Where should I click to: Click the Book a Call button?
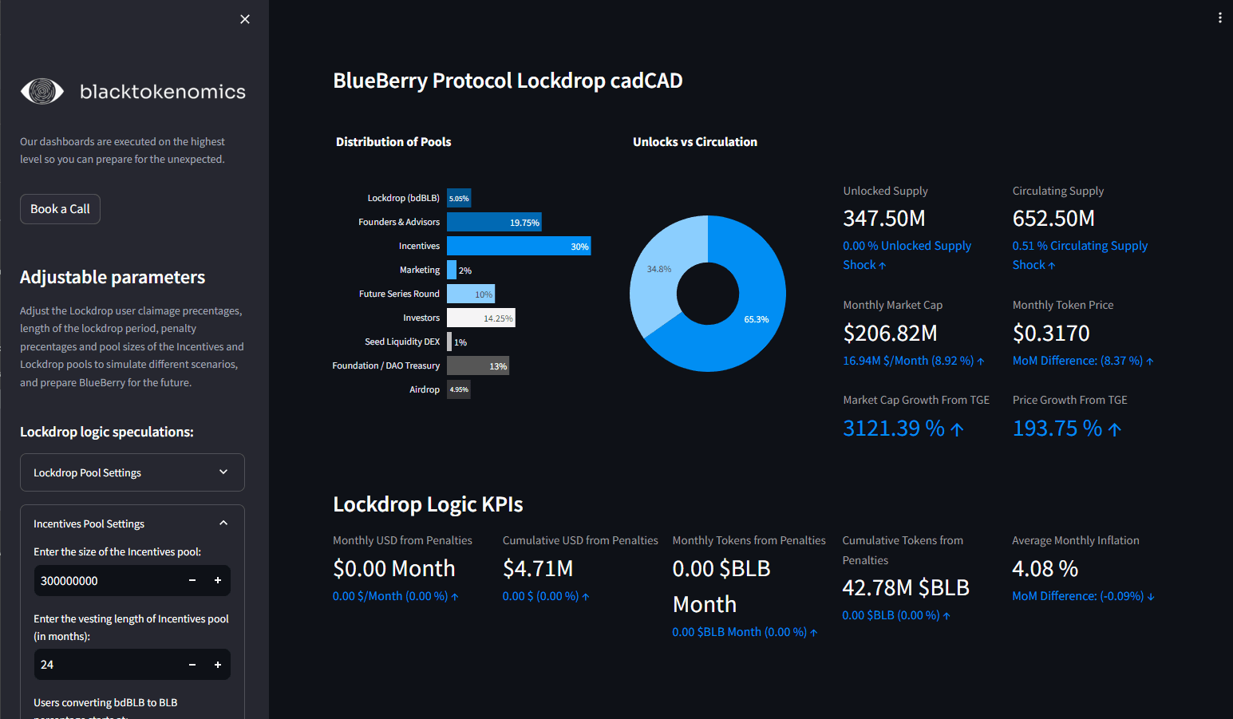click(x=60, y=209)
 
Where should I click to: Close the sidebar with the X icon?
click(x=245, y=19)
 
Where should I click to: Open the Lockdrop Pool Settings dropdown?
click(x=132, y=472)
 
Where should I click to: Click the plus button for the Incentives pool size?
click(x=218, y=580)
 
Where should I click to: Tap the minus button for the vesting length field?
click(x=192, y=665)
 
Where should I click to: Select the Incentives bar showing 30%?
click(x=519, y=246)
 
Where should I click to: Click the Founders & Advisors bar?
click(x=494, y=223)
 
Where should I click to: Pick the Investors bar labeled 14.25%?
click(x=481, y=318)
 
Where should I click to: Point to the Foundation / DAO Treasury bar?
click(x=478, y=365)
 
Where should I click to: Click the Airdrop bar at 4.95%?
click(x=459, y=389)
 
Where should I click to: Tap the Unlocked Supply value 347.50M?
click(x=884, y=219)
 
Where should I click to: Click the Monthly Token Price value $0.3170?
click(x=1051, y=333)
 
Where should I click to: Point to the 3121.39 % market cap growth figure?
click(x=894, y=429)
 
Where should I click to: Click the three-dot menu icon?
click(x=1219, y=18)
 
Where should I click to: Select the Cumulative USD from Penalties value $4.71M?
click(x=538, y=569)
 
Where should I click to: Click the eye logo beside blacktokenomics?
click(x=42, y=92)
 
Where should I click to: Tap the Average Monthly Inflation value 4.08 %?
click(x=1045, y=569)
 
